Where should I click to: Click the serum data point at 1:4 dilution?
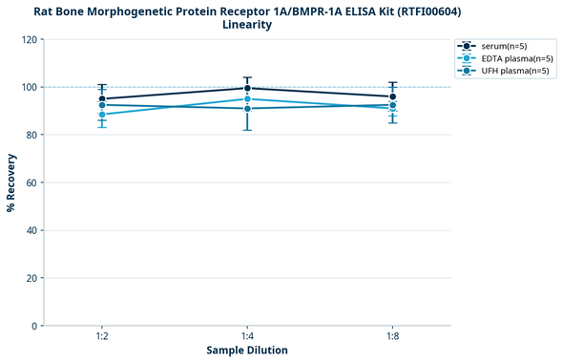[x=247, y=88]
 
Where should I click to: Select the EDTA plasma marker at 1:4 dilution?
[x=247, y=99]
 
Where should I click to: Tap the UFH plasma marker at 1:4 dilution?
[x=247, y=109]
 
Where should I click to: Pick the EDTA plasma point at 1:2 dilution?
[x=102, y=115]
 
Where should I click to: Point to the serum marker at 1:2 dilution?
[x=102, y=98]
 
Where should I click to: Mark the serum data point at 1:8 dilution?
[x=392, y=96]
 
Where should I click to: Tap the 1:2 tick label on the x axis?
[x=102, y=337]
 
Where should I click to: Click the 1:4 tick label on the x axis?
[x=247, y=337]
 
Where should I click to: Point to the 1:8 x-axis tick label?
[x=392, y=337]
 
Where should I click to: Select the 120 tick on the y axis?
[x=29, y=39]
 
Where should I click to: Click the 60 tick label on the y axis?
[x=31, y=182]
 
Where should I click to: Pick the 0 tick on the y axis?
[x=34, y=326]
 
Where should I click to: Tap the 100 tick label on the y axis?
[x=29, y=87]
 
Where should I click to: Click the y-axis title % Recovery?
[x=11, y=181]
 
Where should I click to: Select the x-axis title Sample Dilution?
[x=247, y=351]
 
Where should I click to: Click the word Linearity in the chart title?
[x=247, y=25]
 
